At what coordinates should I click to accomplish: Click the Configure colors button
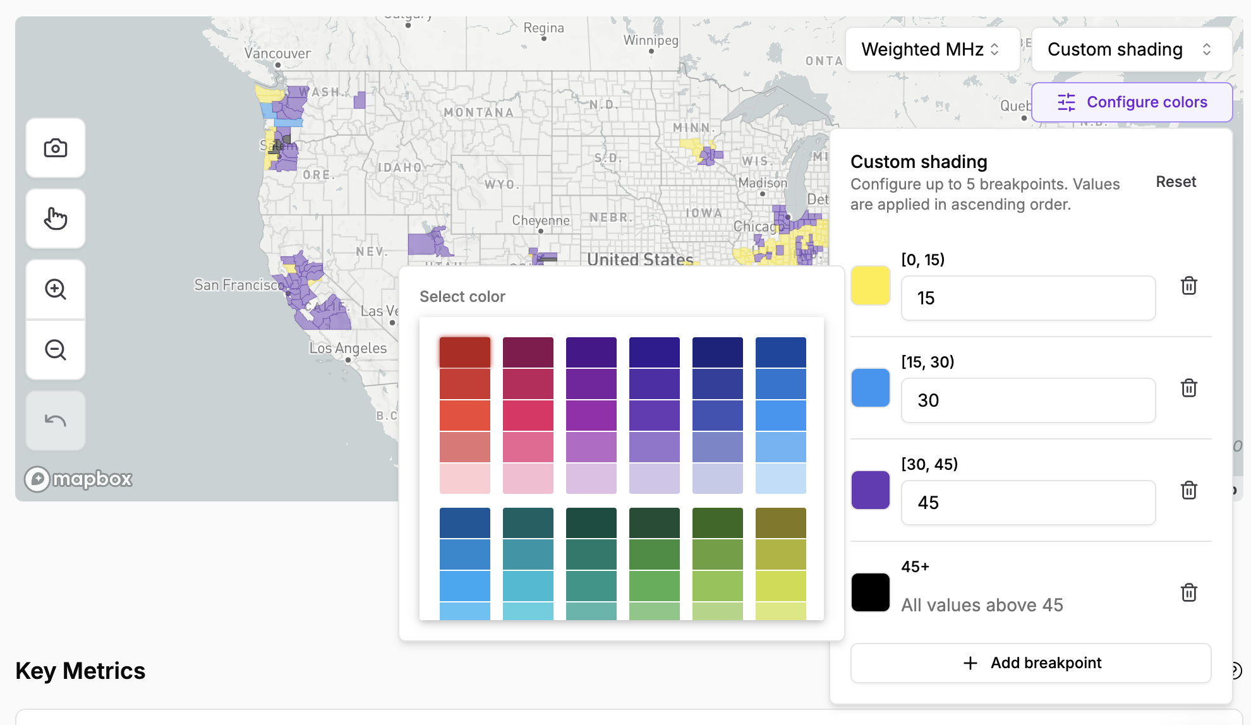tap(1132, 102)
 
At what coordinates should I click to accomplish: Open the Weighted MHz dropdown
tap(932, 49)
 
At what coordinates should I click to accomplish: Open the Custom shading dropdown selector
tap(1130, 49)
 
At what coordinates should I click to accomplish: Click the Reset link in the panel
tap(1175, 182)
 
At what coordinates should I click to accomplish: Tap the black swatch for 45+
tap(870, 592)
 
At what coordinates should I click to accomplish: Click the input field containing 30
tap(1028, 400)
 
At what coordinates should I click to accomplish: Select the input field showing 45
tap(1028, 503)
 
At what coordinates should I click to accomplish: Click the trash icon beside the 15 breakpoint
tap(1188, 285)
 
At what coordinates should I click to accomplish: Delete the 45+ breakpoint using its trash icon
tap(1188, 592)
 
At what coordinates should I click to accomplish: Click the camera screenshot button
tap(56, 148)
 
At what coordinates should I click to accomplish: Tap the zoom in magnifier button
tap(56, 289)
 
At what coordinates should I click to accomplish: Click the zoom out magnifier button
tap(56, 350)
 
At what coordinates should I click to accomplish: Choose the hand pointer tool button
tap(56, 219)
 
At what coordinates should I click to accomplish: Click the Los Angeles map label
tap(348, 348)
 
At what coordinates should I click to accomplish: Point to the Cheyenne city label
tap(541, 220)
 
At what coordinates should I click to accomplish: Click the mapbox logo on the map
tap(79, 479)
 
